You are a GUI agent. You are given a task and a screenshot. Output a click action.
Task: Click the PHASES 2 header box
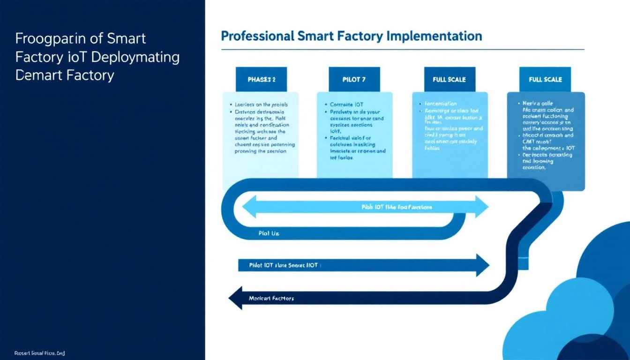tap(261, 79)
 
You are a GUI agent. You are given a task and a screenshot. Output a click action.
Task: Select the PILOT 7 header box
tap(354, 79)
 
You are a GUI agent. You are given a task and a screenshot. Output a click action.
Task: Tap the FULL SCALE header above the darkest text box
tap(545, 79)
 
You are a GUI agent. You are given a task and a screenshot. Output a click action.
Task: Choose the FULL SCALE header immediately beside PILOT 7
tap(449, 79)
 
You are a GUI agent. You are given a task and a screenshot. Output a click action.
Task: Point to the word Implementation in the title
tap(438, 36)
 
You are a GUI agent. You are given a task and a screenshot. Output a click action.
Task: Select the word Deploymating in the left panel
tap(136, 57)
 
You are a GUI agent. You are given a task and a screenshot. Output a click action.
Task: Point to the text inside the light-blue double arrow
tap(397, 207)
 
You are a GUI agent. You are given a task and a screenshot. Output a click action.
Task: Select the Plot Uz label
tap(269, 233)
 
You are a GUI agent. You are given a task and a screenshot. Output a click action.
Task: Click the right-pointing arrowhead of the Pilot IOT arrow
tap(482, 265)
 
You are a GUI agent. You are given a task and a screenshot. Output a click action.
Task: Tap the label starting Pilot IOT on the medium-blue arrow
tap(284, 265)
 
